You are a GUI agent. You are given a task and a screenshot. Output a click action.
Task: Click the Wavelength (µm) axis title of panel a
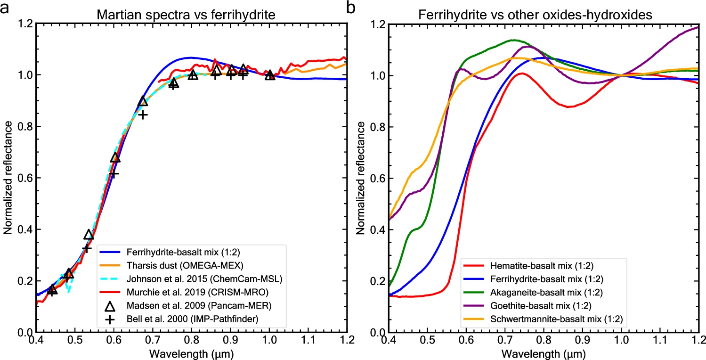pos(192,352)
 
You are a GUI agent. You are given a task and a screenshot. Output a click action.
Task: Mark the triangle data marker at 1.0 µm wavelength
pos(269,75)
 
